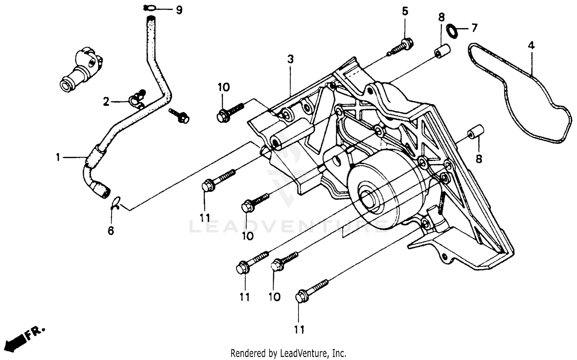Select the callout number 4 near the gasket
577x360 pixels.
tap(531, 45)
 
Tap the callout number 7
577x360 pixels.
tap(474, 28)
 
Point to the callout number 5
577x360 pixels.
tap(405, 11)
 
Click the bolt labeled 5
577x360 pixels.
tap(405, 43)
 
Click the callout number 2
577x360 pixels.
tap(106, 102)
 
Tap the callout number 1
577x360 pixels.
tap(58, 157)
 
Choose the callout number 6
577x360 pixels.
tap(111, 231)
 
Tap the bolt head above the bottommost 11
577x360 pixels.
tap(301, 297)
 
